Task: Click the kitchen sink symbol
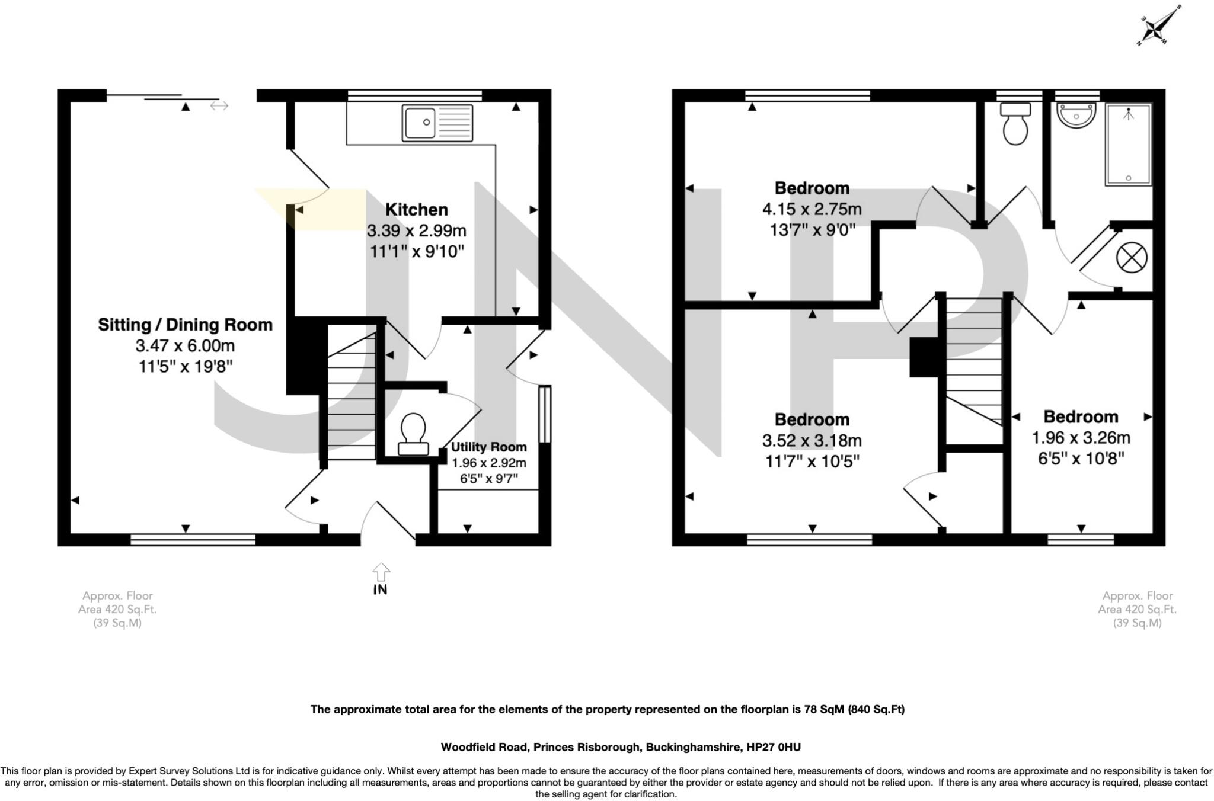(437, 123)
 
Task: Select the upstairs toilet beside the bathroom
(1015, 124)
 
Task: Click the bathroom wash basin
(1076, 116)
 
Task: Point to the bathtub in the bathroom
(1128, 145)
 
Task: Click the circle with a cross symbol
(1132, 258)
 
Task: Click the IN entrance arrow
(381, 578)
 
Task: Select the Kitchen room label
(416, 210)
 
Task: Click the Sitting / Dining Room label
(185, 325)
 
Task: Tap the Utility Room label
(488, 447)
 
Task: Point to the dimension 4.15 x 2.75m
(812, 209)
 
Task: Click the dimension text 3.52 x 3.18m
(812, 440)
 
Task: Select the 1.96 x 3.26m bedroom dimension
(1081, 438)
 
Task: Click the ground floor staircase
(352, 397)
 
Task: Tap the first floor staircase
(973, 367)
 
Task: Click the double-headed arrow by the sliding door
(219, 106)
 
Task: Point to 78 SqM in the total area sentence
(823, 709)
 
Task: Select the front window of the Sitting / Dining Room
(193, 539)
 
